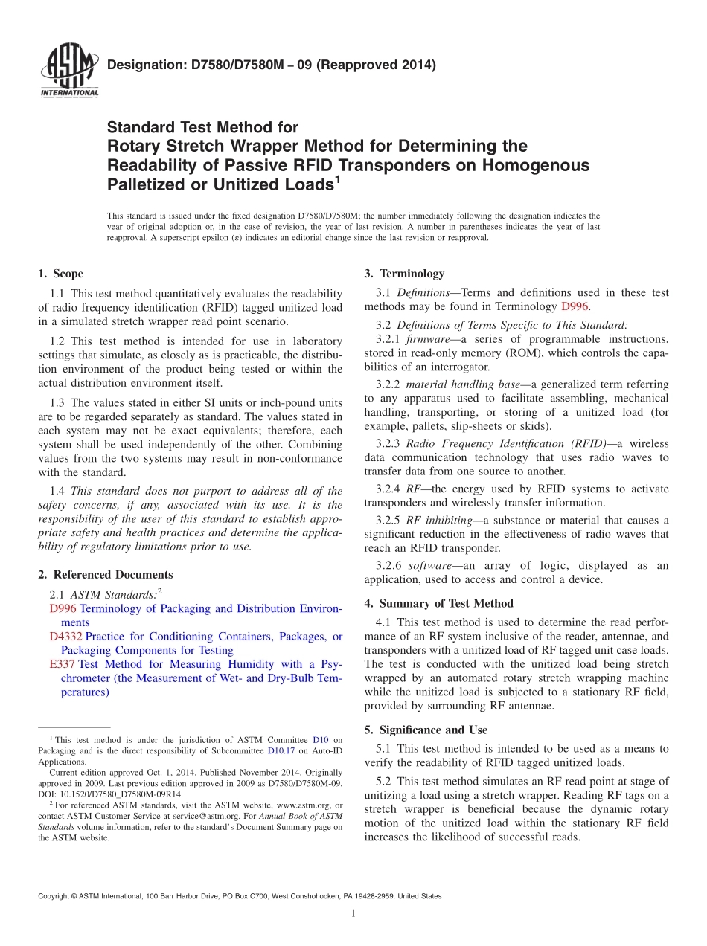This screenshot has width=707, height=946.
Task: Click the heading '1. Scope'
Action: (x=61, y=274)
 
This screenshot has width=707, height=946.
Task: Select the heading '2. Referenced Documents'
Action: (x=105, y=574)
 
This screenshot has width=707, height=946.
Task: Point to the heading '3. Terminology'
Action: (x=404, y=274)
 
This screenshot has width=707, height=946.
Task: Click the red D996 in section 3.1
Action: (x=575, y=306)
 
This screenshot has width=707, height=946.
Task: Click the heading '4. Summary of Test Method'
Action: (x=438, y=603)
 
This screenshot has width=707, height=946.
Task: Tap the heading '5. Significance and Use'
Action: (x=426, y=730)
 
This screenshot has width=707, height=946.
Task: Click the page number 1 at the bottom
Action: (x=353, y=913)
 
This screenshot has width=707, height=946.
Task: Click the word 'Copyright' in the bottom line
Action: (x=56, y=896)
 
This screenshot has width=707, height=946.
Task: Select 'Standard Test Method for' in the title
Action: (x=202, y=128)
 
